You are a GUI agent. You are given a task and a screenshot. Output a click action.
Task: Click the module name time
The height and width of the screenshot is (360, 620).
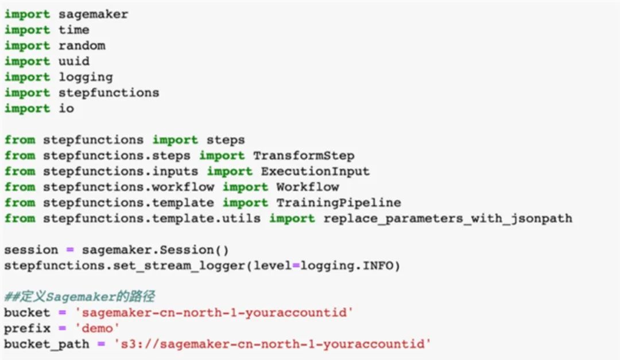pyautogui.click(x=74, y=30)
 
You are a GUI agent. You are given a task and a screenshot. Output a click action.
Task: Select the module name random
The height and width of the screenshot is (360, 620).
pyautogui.click(x=82, y=45)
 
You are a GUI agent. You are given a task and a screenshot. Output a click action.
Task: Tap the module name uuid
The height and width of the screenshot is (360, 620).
pyautogui.click(x=74, y=61)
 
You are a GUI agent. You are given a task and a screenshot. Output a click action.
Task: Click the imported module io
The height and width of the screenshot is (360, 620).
pyautogui.click(x=66, y=108)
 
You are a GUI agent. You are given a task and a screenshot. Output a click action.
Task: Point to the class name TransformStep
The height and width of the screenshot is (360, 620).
pyautogui.click(x=304, y=156)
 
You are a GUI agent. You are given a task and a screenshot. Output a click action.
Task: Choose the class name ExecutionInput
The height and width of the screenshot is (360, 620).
pyautogui.click(x=315, y=171)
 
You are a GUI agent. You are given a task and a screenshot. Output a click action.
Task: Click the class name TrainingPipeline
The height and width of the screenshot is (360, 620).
pyautogui.click(x=339, y=203)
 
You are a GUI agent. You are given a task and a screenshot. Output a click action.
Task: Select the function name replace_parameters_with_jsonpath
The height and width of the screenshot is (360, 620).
pyautogui.click(x=448, y=218)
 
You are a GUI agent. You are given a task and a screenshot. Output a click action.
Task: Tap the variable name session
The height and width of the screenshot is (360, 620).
pyautogui.click(x=31, y=250)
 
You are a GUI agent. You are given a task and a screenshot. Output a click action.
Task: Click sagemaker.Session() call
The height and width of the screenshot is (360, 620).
pyautogui.click(x=156, y=250)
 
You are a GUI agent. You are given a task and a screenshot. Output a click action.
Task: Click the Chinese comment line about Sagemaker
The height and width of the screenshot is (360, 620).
pyautogui.click(x=80, y=297)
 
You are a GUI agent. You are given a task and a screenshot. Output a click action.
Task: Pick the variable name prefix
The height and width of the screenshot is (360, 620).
pyautogui.click(x=27, y=328)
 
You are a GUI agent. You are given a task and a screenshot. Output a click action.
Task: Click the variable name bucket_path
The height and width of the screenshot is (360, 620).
pyautogui.click(x=46, y=344)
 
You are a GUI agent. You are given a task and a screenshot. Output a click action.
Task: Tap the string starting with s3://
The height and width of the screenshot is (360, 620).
pyautogui.click(x=273, y=344)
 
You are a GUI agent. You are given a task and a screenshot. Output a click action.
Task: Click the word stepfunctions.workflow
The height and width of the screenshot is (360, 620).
pyautogui.click(x=129, y=187)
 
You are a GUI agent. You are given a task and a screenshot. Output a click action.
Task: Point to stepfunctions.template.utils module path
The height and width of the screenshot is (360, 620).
pyautogui.click(x=152, y=218)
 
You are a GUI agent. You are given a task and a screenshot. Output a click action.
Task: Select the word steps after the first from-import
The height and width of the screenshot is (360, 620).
pyautogui.click(x=226, y=140)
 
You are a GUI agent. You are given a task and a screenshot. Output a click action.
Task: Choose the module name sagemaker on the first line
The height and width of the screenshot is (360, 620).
pyautogui.click(x=94, y=14)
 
